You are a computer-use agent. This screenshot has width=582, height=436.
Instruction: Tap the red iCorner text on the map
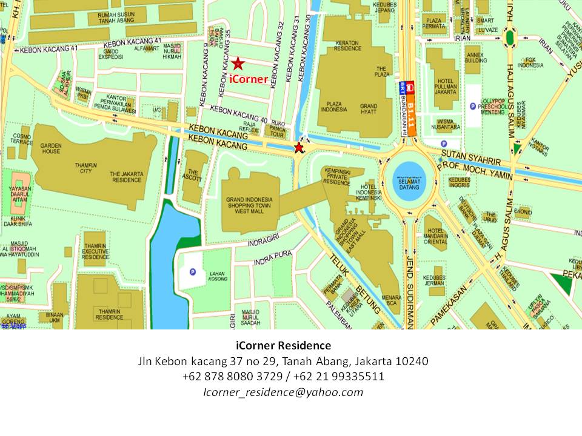[x=249, y=78]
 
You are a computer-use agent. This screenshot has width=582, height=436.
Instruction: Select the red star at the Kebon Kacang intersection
[x=298, y=148]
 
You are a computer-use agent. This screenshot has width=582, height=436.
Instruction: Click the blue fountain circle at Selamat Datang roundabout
[x=406, y=180]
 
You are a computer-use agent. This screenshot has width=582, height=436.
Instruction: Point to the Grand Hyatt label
[x=369, y=110]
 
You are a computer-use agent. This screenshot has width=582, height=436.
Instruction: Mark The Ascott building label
[x=193, y=176]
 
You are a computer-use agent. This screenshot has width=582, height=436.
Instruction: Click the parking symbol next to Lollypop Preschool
[x=472, y=107]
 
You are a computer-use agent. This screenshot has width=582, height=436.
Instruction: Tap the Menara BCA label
[x=393, y=300]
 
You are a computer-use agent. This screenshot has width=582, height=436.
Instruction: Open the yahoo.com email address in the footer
[x=283, y=392]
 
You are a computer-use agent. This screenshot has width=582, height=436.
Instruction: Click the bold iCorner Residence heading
[x=283, y=346]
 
